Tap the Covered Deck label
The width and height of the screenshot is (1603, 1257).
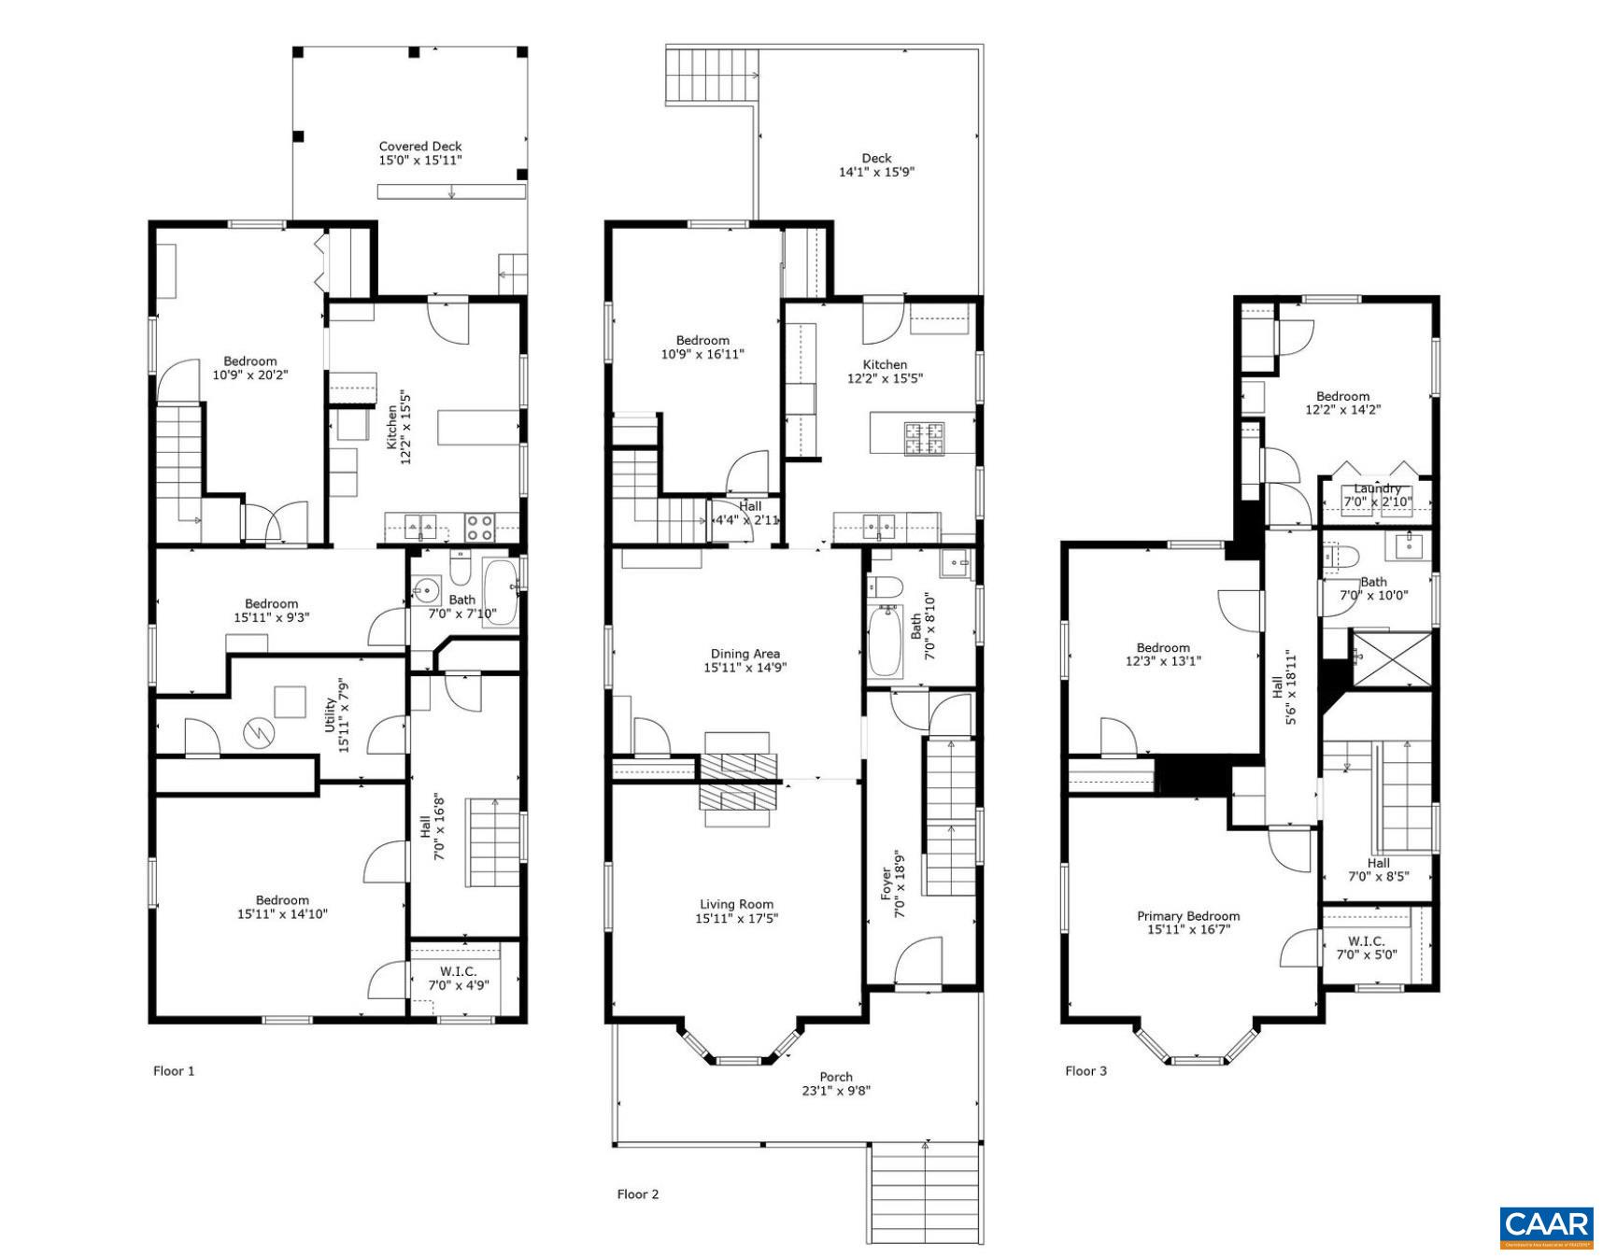tap(420, 153)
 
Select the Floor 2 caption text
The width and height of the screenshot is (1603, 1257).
tap(638, 1193)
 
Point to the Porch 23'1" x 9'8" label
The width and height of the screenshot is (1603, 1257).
tap(836, 1083)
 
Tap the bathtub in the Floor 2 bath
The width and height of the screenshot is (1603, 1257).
tap(885, 643)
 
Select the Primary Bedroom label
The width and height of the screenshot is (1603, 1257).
tap(1188, 923)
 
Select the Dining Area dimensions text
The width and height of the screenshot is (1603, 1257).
tap(745, 668)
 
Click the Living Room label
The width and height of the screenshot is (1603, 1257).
tap(736, 911)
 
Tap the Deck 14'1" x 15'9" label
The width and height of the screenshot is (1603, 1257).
tap(876, 165)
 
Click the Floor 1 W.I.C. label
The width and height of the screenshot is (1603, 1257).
tap(458, 978)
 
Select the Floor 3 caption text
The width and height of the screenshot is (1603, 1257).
tap(1085, 1070)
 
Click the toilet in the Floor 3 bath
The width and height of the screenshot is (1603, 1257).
tap(1338, 558)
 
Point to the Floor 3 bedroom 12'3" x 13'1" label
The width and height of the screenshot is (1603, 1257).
tap(1163, 654)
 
